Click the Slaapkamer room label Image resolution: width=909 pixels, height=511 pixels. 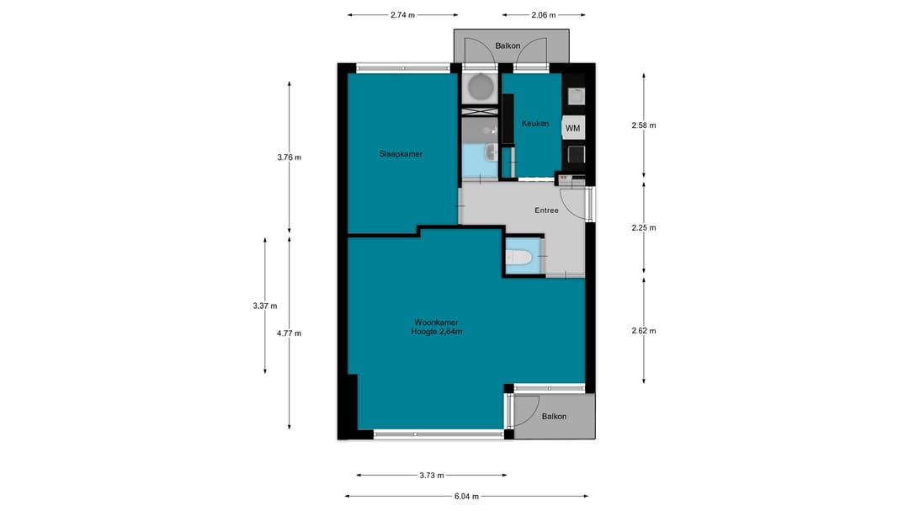click(401, 154)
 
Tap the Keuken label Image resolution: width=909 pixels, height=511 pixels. click(535, 123)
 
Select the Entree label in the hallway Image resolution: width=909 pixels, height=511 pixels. click(547, 210)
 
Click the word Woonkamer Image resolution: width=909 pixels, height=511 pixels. click(436, 322)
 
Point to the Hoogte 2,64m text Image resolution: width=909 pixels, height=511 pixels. click(437, 332)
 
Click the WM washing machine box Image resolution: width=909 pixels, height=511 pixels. click(573, 128)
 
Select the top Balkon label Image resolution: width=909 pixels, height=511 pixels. click(508, 45)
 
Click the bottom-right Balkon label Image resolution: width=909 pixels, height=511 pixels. click(554, 416)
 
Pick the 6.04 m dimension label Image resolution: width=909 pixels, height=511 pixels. click(466, 496)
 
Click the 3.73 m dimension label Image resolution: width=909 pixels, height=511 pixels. click(432, 475)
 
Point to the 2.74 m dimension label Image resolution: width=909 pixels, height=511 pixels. click(403, 15)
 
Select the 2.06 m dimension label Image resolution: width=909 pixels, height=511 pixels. click(544, 15)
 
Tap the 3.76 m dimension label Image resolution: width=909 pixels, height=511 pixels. click(290, 157)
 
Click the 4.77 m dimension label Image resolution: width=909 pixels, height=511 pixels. click(290, 333)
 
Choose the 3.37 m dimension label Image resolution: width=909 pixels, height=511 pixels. click(265, 306)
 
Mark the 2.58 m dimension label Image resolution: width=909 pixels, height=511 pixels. click(644, 125)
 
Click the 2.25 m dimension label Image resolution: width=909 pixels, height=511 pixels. click(644, 227)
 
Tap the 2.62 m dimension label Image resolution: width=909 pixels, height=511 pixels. click(644, 331)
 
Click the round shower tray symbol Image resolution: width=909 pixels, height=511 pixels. click(480, 87)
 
